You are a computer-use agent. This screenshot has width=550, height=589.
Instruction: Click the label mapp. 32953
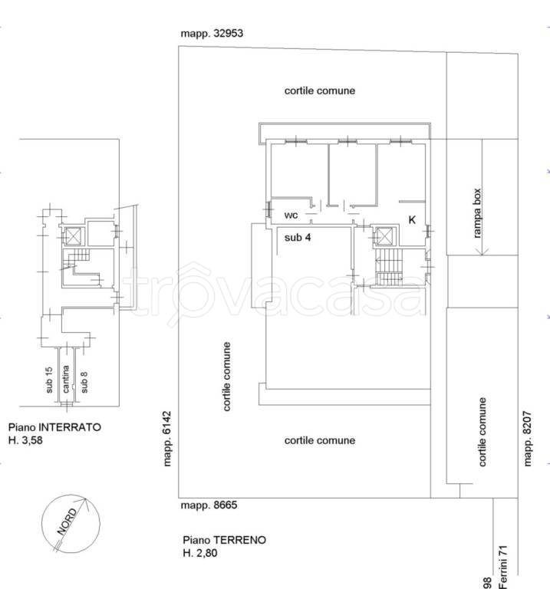pos(212,34)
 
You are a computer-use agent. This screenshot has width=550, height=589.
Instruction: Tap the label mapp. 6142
pos(167,439)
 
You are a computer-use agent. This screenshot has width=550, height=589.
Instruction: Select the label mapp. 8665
pos(209,505)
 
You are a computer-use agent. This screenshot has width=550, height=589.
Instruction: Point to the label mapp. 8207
pos(528,439)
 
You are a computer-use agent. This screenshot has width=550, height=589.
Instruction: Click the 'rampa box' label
pos(476,213)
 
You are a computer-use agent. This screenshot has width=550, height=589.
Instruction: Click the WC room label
pos(291,216)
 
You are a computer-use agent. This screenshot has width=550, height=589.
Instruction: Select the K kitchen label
pos(412,220)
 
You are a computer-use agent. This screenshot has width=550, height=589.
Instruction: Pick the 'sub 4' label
pos(298,238)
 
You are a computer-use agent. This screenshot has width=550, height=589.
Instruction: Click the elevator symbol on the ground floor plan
pos(384,237)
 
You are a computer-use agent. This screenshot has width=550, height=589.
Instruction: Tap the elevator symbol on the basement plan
pos(73,236)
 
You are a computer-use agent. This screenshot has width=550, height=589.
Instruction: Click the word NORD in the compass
pos(67,522)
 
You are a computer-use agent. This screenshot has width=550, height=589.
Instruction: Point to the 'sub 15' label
pos(49,380)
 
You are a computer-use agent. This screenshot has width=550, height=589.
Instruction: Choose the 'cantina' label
pos(66,380)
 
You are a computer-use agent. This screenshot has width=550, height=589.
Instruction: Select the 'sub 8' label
pos(84,383)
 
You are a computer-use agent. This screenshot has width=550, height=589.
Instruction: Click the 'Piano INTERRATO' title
pos(55,427)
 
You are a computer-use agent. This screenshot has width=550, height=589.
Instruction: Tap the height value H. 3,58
pos(25,440)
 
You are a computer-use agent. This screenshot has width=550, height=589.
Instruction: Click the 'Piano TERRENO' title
pos(225,540)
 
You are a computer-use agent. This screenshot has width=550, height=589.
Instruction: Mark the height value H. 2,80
pos(200,553)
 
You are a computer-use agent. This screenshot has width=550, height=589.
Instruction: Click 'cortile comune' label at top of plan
pos(320,91)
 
